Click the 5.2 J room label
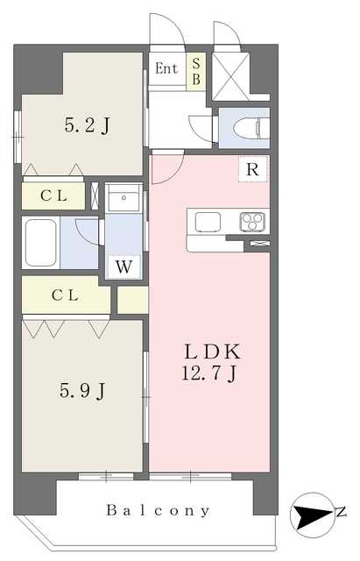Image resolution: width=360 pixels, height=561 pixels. (x=88, y=125)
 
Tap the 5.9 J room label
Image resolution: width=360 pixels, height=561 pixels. (x=82, y=390)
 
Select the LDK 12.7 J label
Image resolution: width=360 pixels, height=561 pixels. (x=211, y=362)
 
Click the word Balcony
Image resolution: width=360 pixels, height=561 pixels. (x=158, y=510)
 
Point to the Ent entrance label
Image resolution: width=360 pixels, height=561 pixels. (x=166, y=68)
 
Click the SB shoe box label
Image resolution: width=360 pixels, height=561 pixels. (x=196, y=72)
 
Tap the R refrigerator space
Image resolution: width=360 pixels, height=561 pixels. (x=253, y=169)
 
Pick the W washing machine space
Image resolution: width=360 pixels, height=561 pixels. (x=124, y=266)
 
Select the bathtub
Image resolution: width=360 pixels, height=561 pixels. (x=41, y=243)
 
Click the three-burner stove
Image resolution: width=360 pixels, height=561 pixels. (x=252, y=222)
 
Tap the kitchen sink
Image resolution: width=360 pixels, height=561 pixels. (x=208, y=222)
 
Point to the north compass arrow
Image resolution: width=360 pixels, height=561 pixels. (x=311, y=515)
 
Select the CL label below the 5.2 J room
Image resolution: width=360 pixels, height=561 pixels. (x=53, y=195)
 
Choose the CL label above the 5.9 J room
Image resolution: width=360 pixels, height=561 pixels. (x=65, y=295)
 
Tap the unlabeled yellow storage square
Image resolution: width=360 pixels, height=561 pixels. (x=132, y=300)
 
